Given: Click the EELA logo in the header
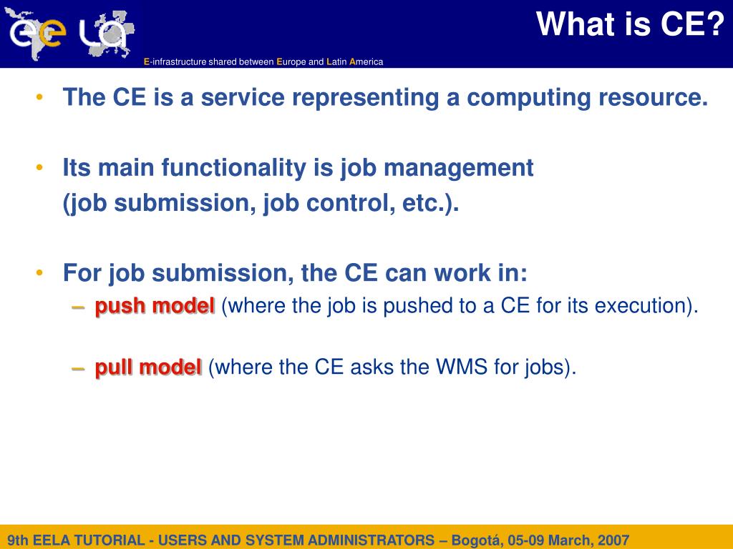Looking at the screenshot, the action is [x=70, y=34].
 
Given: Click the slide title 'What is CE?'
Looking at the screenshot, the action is [x=630, y=24].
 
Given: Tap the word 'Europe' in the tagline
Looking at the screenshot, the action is [x=291, y=61].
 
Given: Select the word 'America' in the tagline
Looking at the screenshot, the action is [x=366, y=61].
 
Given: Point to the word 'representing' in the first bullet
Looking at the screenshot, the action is [x=366, y=98].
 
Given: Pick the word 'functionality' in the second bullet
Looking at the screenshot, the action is [x=234, y=168].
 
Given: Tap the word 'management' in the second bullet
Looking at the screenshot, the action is [x=459, y=168].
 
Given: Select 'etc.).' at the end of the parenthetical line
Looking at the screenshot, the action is [x=430, y=203].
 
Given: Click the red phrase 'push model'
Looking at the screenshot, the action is [x=155, y=306].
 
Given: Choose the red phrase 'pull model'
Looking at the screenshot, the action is [x=148, y=367].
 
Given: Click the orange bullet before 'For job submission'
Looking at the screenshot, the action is [x=39, y=272].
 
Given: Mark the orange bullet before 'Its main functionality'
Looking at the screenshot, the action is [x=39, y=167].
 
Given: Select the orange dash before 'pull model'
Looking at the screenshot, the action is [x=78, y=368].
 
